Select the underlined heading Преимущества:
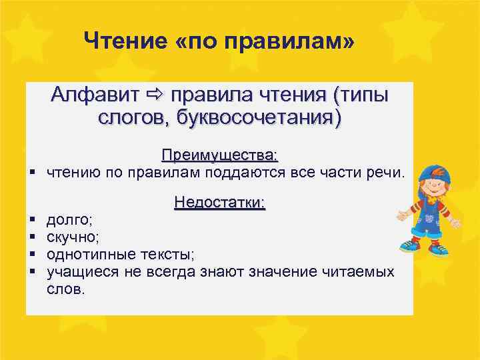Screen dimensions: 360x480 point(219,155)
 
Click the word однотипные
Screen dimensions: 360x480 point(89,255)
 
